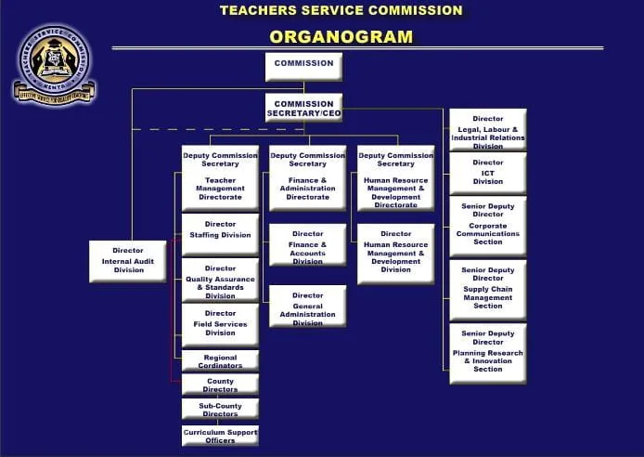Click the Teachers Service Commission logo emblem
point(54,63)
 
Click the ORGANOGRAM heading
point(341,37)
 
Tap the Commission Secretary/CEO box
point(303,108)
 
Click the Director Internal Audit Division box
point(128,260)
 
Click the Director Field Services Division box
point(220,324)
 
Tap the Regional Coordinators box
point(220,361)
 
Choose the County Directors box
point(220,385)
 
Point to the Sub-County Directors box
point(220,409)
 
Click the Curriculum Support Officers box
point(220,435)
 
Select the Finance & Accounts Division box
point(307,246)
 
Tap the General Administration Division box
point(307,307)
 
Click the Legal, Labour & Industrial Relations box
point(488,131)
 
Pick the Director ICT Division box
point(488,174)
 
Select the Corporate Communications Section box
point(488,226)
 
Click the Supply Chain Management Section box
point(488,290)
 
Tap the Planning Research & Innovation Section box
point(488,353)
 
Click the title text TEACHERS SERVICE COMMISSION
point(341,11)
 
